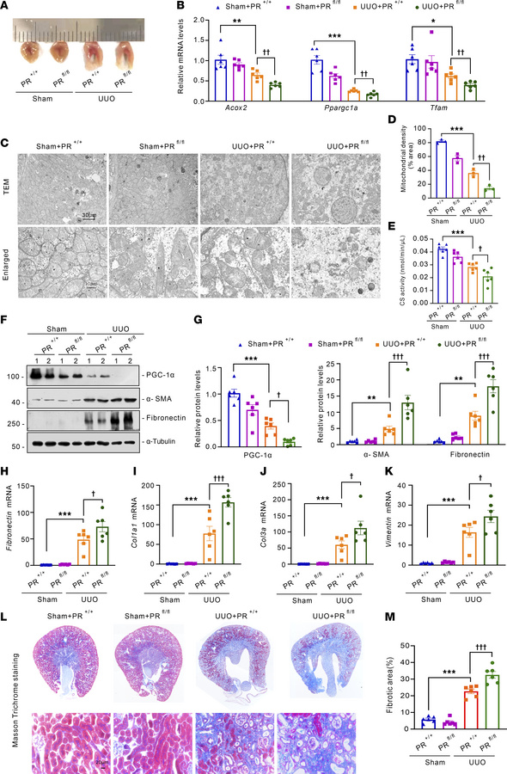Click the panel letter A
coord(7,7)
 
